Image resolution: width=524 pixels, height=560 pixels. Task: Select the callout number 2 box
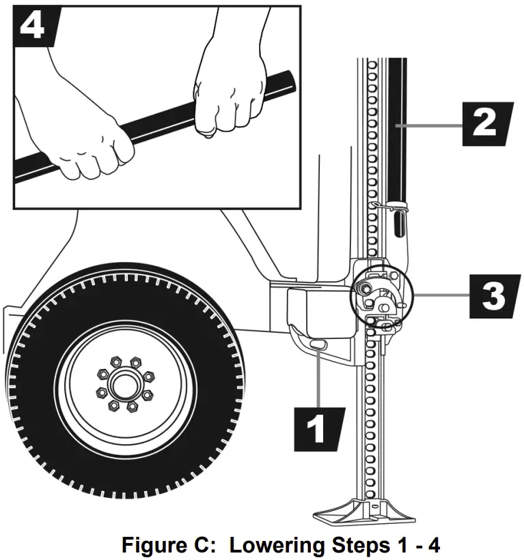[x=488, y=124]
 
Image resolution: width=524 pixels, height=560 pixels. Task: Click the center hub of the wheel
[x=124, y=385]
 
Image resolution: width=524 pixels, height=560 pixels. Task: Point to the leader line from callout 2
[x=434, y=125]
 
